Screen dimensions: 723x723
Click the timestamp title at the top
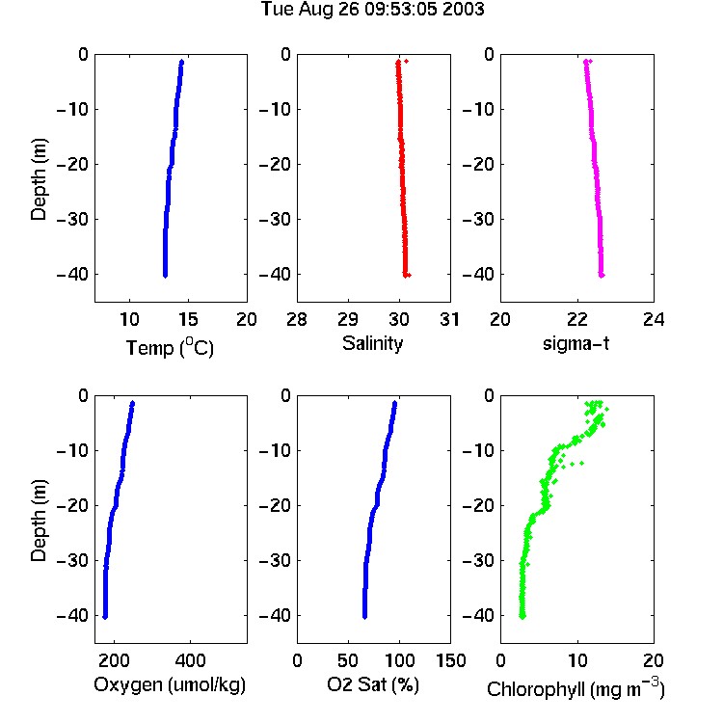click(x=372, y=10)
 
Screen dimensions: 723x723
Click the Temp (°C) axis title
click(x=170, y=347)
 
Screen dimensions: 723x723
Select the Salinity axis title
click(x=372, y=343)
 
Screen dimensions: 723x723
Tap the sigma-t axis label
click(x=576, y=343)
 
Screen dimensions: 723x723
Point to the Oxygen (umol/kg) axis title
click(x=170, y=684)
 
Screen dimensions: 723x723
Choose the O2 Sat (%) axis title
click(x=372, y=684)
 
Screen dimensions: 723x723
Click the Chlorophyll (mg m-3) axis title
click(x=576, y=688)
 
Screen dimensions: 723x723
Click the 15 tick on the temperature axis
click(x=188, y=319)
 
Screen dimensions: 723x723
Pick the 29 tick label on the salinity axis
click(x=348, y=319)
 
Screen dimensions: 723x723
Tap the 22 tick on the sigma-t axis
click(x=576, y=319)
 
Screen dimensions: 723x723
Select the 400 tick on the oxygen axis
click(x=190, y=660)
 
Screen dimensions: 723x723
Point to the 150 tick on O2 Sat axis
click(x=450, y=660)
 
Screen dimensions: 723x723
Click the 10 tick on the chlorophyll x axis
click(x=576, y=660)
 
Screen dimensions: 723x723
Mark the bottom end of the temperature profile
click(x=165, y=276)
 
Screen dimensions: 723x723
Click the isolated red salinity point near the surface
click(x=406, y=61)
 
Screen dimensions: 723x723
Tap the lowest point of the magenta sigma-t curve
click(x=602, y=276)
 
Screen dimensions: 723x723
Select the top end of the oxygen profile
click(x=132, y=403)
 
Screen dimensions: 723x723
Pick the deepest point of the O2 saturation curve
click(x=364, y=617)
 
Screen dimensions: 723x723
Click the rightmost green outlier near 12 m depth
click(x=582, y=463)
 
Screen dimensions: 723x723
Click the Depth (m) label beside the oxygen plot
click(x=40, y=521)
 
